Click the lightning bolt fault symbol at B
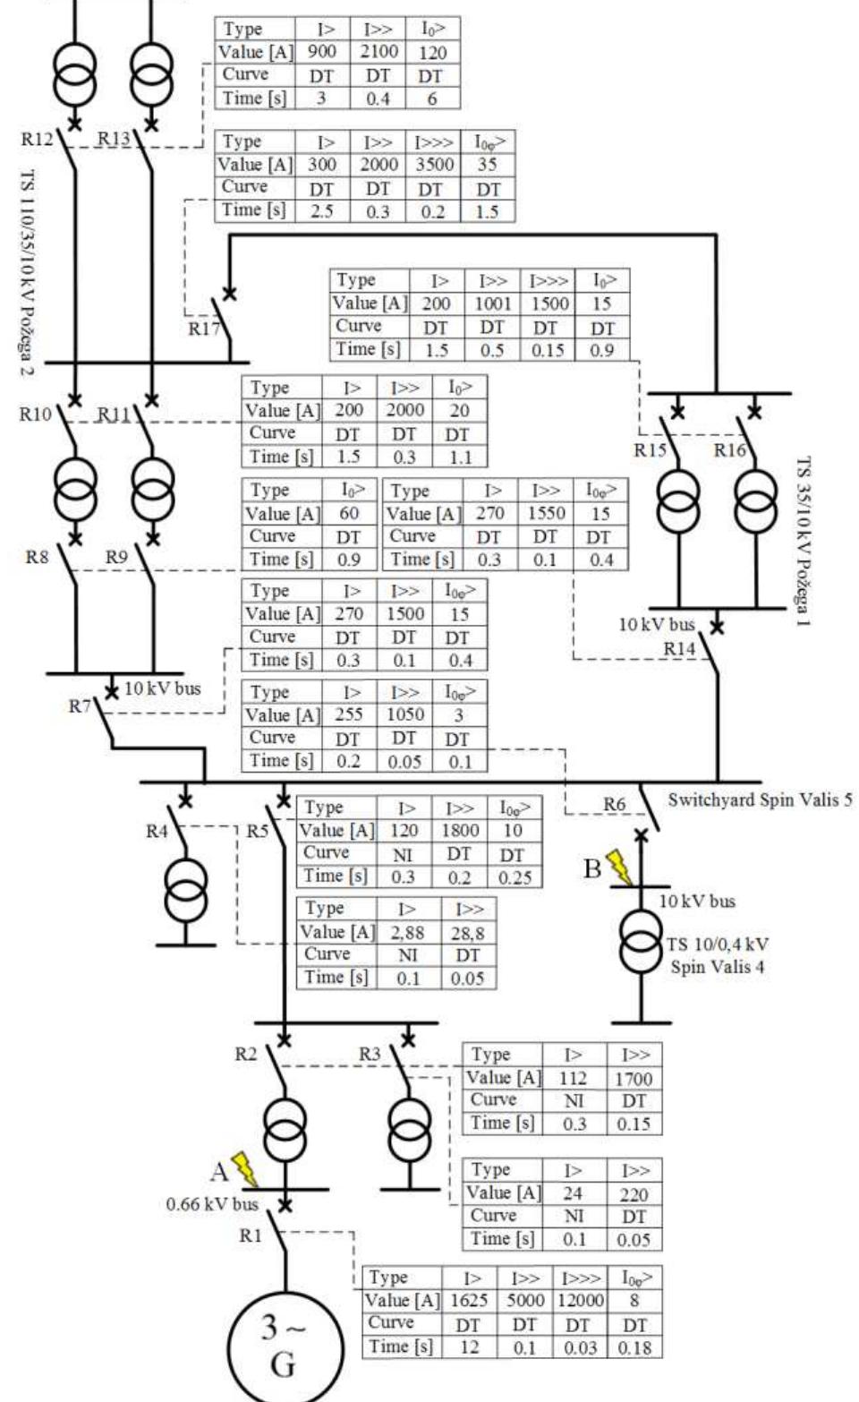pos(618,868)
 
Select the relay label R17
pos(203,329)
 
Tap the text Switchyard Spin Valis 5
pos(760,799)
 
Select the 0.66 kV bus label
pos(212,1204)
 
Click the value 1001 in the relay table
pos(491,303)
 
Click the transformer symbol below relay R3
pos(408,1127)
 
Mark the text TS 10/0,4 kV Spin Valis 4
pos(719,955)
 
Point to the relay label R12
pos(38,139)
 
